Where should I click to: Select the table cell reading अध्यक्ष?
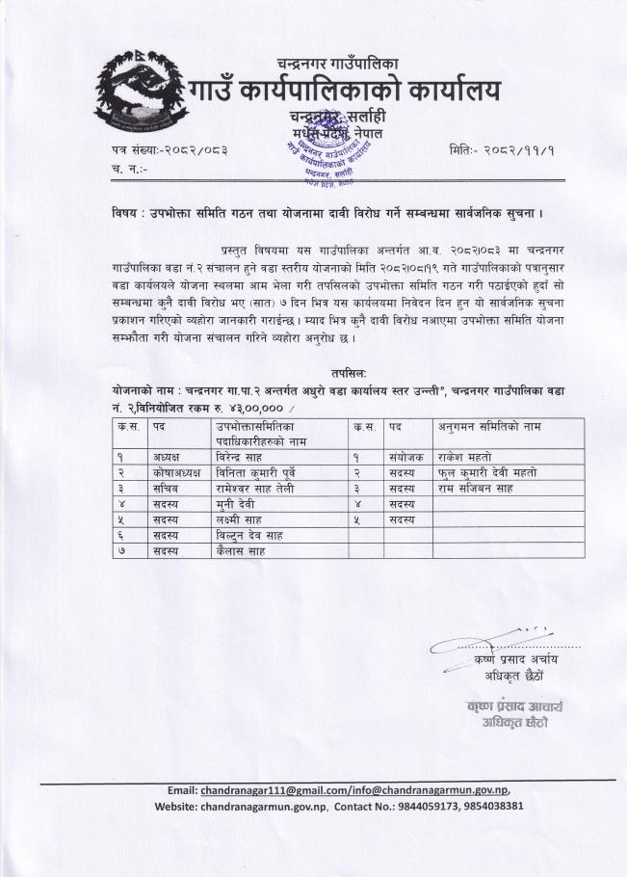pos(166,456)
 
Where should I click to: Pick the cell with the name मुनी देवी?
pos(240,504)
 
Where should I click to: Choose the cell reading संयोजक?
pos(402,456)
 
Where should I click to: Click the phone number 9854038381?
pos(485,805)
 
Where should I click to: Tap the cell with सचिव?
pos(163,488)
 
